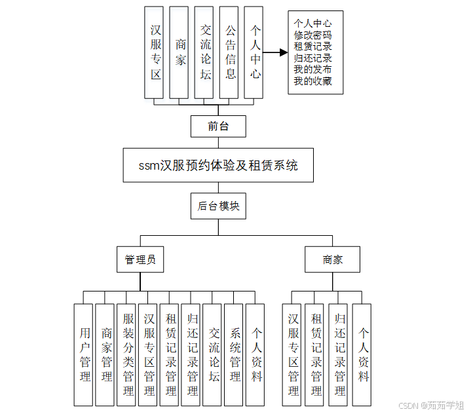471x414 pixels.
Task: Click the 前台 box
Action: click(218, 126)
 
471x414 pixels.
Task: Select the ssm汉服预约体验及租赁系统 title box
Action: click(218, 165)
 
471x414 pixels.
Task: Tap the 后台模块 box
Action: click(218, 206)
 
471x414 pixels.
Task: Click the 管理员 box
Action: click(140, 259)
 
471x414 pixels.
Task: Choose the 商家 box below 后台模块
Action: click(332, 259)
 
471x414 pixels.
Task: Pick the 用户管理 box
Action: click(84, 354)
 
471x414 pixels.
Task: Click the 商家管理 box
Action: click(105, 354)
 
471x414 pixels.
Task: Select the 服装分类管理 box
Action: click(126, 354)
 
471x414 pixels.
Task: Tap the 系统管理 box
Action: click(234, 354)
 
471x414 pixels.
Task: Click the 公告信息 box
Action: click(229, 52)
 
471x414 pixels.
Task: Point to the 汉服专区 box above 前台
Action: click(154, 52)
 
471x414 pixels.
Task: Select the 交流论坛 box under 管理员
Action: click(212, 354)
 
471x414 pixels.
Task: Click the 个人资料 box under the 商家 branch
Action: click(362, 354)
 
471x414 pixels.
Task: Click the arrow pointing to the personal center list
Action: click(275, 52)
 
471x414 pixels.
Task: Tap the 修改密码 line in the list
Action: click(312, 35)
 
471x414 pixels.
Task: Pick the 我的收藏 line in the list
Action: click(312, 82)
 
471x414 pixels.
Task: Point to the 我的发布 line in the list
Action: click(312, 70)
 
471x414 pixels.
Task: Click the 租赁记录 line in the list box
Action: click(312, 47)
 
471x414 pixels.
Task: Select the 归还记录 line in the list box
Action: click(312, 58)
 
